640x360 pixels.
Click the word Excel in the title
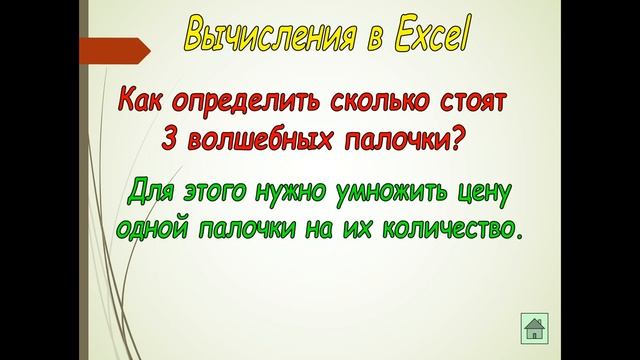[x=428, y=38]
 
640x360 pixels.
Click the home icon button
[x=534, y=327]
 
